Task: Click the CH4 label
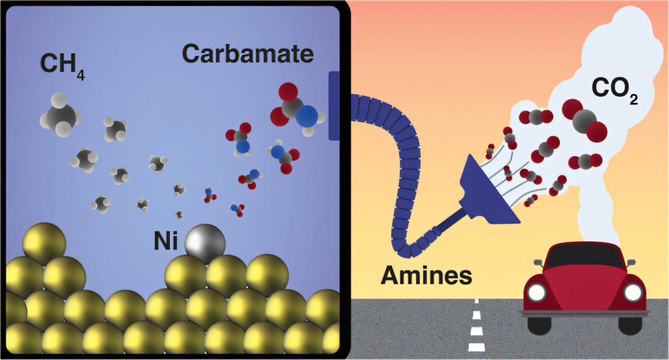62,66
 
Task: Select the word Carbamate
248,53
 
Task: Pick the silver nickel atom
205,243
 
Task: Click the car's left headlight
536,292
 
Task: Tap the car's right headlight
632,293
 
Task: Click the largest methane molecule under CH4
60,117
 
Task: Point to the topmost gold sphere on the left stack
44,243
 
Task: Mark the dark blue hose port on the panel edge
334,106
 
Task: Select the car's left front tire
538,324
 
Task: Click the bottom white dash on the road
476,347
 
